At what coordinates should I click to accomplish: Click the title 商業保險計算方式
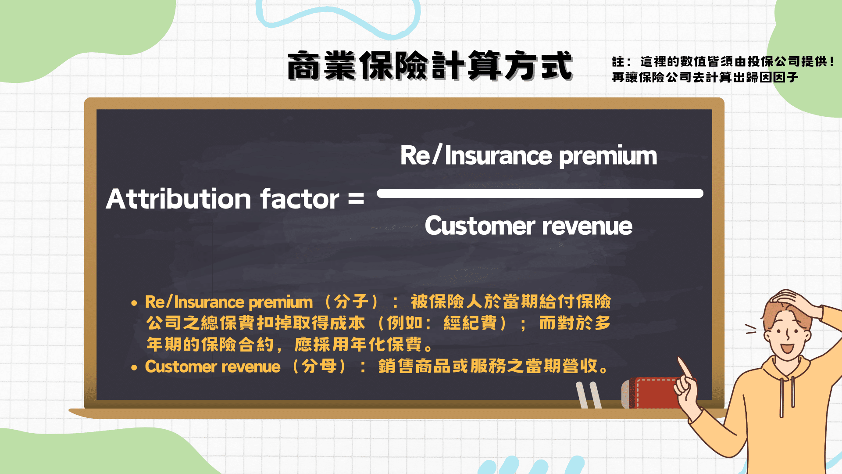[430, 66]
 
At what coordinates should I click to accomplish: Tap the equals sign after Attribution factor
[356, 199]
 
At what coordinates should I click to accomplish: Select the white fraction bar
[539, 194]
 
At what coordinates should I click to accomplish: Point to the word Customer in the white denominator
[480, 226]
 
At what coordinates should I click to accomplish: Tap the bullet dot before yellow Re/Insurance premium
[134, 303]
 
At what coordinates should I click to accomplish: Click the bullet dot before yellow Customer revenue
[134, 368]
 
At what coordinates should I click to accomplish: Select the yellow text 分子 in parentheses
[351, 302]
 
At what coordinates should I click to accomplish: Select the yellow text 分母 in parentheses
[319, 366]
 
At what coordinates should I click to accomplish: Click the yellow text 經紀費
[470, 323]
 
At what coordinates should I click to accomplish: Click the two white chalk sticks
[589, 395]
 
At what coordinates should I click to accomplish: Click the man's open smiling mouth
[787, 348]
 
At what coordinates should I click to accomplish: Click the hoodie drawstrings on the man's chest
[787, 395]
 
